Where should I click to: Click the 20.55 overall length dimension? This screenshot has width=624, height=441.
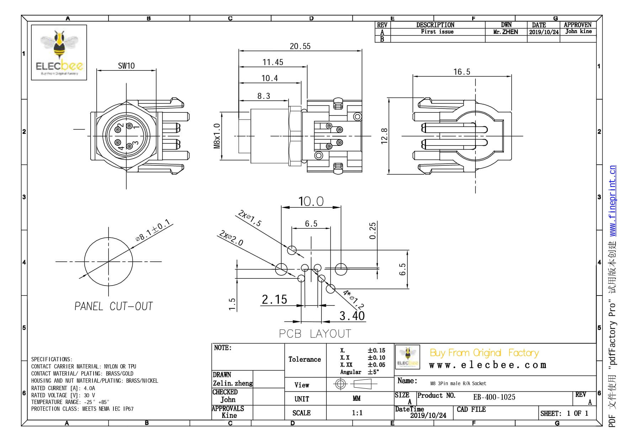(x=300, y=46)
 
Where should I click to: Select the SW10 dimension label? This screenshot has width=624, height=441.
(x=126, y=66)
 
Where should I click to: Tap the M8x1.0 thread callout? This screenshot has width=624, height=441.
(x=217, y=136)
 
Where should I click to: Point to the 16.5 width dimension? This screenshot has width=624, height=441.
(x=462, y=72)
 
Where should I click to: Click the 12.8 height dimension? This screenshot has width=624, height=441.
(x=384, y=136)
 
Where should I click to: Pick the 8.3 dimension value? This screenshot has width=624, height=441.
(x=263, y=96)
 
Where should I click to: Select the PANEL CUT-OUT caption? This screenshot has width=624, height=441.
(x=113, y=306)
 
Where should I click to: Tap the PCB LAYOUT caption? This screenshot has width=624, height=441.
(x=315, y=334)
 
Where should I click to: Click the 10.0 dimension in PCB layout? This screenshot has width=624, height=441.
(x=311, y=202)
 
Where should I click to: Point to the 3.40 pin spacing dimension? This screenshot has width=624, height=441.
(x=352, y=315)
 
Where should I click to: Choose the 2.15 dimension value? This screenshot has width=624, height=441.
(x=274, y=299)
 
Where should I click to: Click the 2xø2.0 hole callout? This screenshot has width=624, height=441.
(x=231, y=238)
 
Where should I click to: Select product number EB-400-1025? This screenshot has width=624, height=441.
(x=494, y=397)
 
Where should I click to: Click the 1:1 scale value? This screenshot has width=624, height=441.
(x=357, y=413)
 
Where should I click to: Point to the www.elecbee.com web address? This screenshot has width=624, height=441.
(x=487, y=365)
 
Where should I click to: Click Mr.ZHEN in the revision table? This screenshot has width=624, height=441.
(x=506, y=32)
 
